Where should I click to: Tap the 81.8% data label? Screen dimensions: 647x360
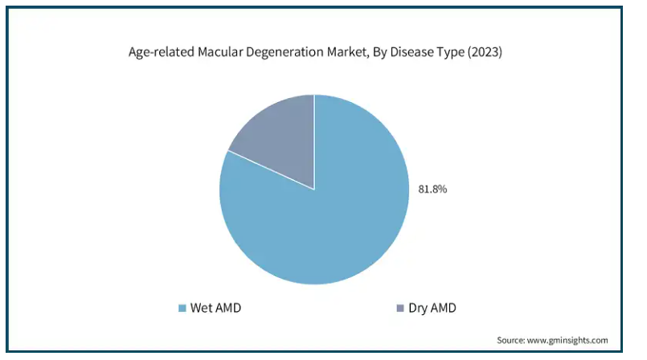(432, 190)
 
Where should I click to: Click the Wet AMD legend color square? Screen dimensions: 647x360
(182, 308)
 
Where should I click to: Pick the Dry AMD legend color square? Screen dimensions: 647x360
(399, 308)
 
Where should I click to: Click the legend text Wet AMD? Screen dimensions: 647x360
(215, 308)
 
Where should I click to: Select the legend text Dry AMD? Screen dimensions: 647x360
(432, 309)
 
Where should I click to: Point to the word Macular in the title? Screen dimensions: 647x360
(219, 52)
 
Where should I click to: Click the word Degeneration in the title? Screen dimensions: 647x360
(285, 52)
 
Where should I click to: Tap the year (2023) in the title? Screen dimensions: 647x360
(485, 52)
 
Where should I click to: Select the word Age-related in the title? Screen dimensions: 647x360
(161, 52)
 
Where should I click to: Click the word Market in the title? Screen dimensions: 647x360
(348, 52)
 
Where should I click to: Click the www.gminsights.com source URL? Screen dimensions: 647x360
(567, 341)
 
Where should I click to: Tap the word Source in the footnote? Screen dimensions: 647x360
(511, 340)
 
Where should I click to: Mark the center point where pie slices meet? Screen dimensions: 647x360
(314, 190)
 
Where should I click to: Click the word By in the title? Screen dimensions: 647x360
(379, 53)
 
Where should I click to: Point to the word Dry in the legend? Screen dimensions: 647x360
(418, 309)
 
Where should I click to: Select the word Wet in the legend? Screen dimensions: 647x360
(200, 308)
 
